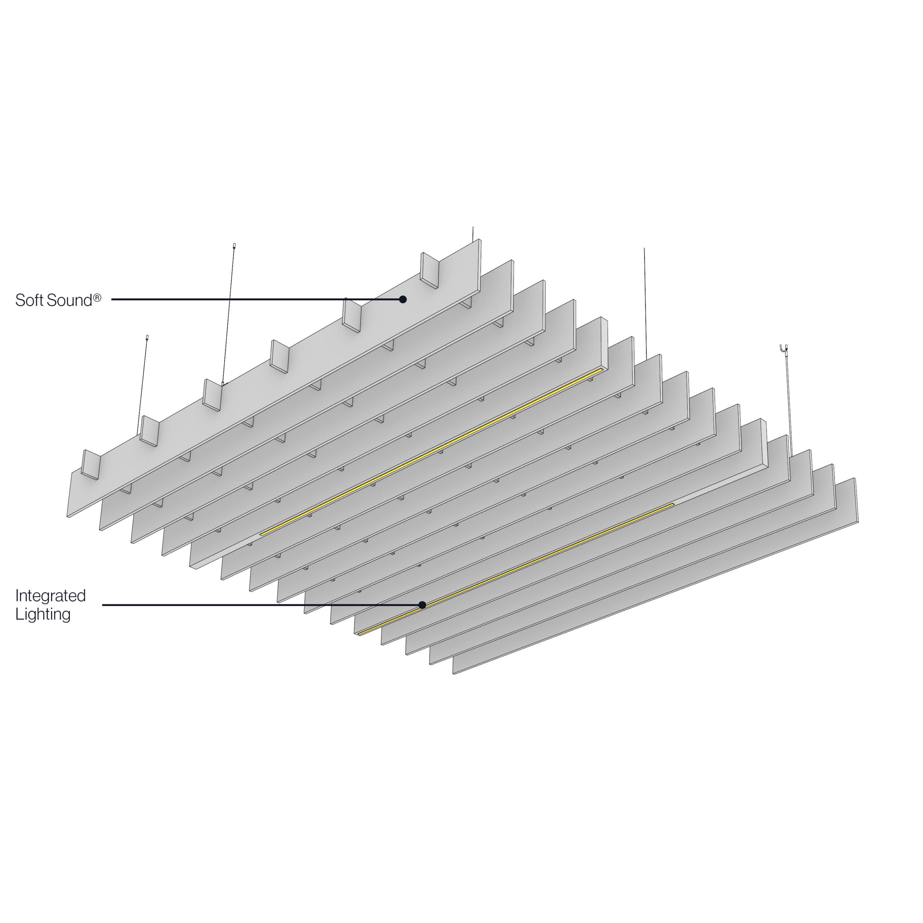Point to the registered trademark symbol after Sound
pyautogui.click(x=97, y=298)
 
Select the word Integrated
pyautogui.click(x=50, y=596)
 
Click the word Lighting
pyautogui.click(x=43, y=614)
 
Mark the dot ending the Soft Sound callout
pyautogui.click(x=403, y=300)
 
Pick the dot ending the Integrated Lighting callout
pyautogui.click(x=422, y=605)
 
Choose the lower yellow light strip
pyautogui.click(x=516, y=569)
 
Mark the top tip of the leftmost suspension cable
pyautogui.click(x=147, y=337)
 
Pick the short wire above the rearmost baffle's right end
pyautogui.click(x=473, y=233)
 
